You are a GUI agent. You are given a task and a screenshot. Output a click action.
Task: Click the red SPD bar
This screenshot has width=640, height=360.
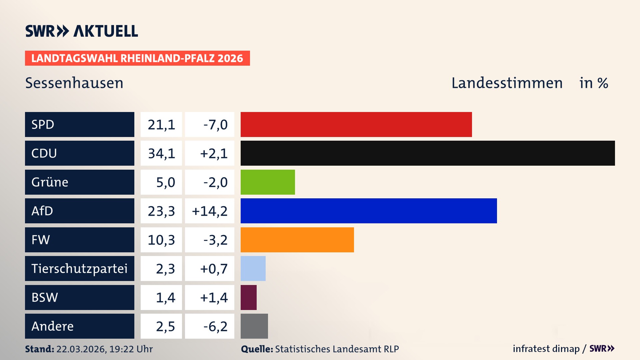(356, 124)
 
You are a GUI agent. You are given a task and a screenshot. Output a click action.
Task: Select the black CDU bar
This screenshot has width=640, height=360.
(428, 153)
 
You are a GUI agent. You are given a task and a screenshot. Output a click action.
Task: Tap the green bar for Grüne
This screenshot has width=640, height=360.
(268, 182)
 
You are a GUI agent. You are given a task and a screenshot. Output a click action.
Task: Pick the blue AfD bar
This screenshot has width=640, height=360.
(369, 211)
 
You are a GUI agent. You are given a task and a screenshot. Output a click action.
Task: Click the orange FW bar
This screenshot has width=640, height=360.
(297, 240)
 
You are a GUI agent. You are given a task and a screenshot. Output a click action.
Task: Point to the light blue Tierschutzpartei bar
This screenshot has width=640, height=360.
(253, 268)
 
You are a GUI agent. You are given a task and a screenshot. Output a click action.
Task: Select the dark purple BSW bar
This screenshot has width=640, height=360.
(249, 297)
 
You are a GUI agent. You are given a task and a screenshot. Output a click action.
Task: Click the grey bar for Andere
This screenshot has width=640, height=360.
(254, 326)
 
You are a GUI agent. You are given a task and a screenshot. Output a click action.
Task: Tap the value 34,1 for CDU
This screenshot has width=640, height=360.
(161, 153)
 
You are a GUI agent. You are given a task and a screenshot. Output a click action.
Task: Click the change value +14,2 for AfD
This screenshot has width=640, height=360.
(210, 211)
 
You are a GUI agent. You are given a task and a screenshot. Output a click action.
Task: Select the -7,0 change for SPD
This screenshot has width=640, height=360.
(215, 125)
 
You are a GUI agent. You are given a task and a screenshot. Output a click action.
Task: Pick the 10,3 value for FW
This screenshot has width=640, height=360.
(161, 240)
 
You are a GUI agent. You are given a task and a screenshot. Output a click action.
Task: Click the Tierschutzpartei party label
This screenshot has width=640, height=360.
(79, 268)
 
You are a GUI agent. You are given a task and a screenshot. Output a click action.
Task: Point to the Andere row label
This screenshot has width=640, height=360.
(52, 326)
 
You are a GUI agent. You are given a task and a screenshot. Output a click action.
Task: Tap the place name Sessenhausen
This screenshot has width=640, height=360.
(74, 83)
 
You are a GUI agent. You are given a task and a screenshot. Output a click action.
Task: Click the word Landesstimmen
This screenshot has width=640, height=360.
(507, 83)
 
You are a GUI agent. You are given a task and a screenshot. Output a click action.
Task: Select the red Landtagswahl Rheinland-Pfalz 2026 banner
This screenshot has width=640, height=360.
(137, 58)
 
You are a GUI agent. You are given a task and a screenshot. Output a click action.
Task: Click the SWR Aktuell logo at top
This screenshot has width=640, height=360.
(82, 31)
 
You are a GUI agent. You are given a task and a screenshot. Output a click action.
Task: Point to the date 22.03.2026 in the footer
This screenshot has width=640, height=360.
(81, 349)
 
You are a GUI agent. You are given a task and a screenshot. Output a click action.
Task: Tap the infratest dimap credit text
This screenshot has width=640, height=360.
(546, 349)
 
